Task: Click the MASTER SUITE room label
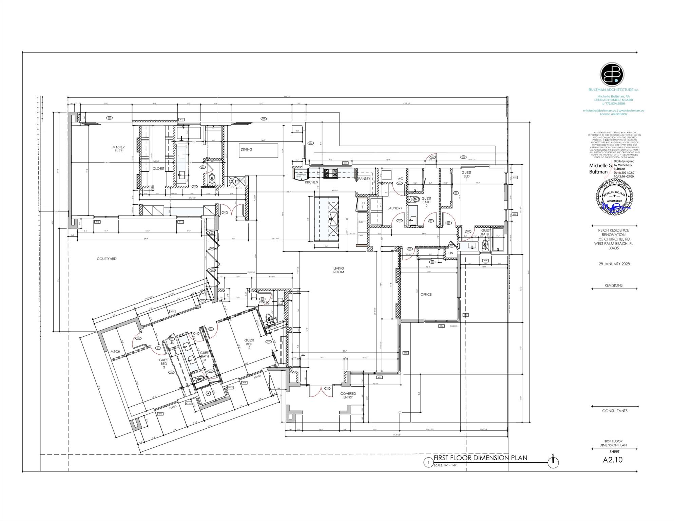click(x=118, y=149)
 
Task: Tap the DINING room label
click(x=246, y=149)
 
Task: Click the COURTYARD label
click(x=107, y=259)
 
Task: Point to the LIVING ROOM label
click(x=338, y=270)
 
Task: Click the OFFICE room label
click(x=426, y=295)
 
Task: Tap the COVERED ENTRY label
click(x=348, y=395)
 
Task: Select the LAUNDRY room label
click(x=394, y=208)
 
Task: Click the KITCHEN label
click(x=311, y=183)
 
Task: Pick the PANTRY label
click(x=364, y=179)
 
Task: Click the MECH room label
click(x=115, y=352)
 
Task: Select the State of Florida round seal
click(x=614, y=197)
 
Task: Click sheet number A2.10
click(x=613, y=460)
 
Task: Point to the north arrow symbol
click(x=553, y=462)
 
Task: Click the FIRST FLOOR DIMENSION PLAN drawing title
click(x=480, y=458)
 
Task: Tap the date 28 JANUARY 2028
click(x=614, y=264)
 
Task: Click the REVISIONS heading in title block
click(x=613, y=285)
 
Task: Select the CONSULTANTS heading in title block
click(x=615, y=411)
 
